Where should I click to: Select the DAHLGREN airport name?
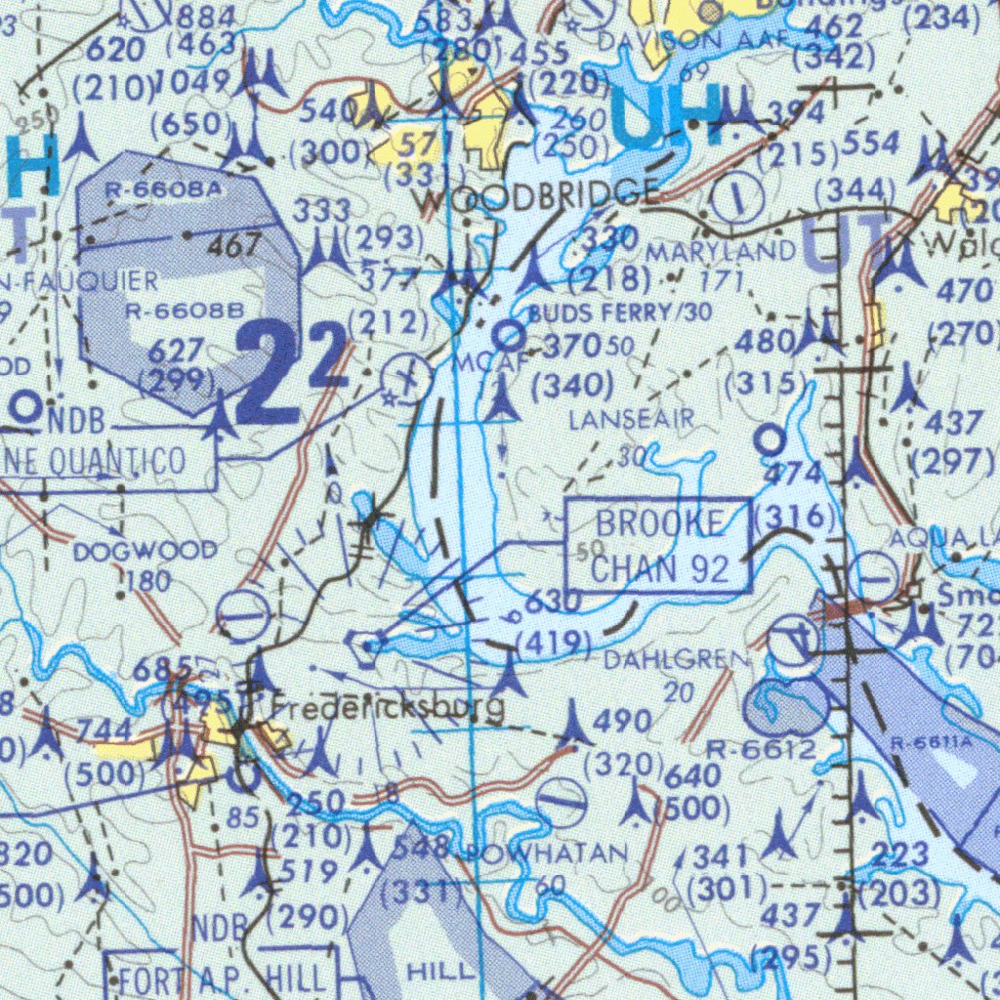[x=677, y=660]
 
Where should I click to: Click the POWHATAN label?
[x=547, y=854]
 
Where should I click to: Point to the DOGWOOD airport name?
[x=145, y=552]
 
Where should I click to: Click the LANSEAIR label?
[x=631, y=420]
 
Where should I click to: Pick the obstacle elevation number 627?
[x=177, y=350]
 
